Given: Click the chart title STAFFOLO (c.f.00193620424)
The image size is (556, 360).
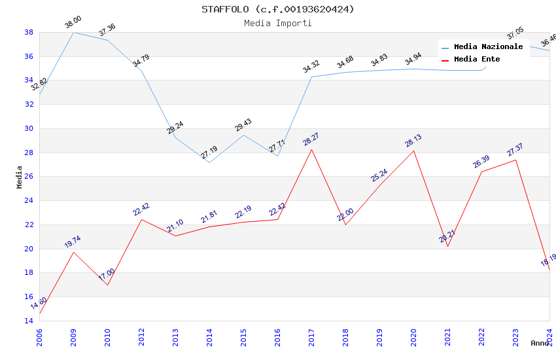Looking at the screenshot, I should [278, 9].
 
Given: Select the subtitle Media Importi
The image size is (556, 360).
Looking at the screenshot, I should [278, 23].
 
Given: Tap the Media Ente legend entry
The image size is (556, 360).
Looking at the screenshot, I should [477, 60].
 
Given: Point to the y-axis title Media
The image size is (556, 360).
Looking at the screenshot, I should [20, 177].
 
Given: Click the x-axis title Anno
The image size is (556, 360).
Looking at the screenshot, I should [540, 343].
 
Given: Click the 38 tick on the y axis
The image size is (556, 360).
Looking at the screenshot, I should [29, 32].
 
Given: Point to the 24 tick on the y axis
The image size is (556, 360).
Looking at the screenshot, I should [29, 201].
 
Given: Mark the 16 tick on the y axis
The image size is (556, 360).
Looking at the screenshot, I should [29, 297].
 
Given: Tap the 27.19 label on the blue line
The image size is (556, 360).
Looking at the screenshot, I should [209, 153].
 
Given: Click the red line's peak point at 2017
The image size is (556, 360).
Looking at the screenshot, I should [311, 149].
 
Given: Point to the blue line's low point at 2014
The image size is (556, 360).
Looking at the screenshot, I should [209, 162].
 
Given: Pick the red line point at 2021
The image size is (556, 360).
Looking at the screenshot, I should [447, 246].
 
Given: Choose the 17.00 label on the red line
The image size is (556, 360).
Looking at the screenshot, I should [107, 274].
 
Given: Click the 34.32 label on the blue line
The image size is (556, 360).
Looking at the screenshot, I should [311, 67].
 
